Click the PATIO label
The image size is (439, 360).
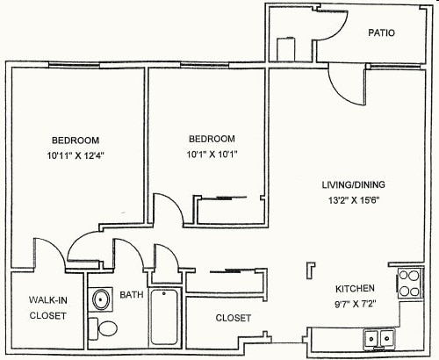click(x=381, y=33)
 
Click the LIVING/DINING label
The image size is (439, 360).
click(x=353, y=184)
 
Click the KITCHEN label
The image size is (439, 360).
click(x=356, y=288)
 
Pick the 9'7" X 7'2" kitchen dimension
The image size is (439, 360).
click(x=356, y=303)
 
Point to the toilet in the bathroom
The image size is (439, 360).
click(x=106, y=329)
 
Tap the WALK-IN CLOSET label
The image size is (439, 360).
click(x=47, y=307)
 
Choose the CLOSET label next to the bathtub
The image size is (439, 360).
click(x=234, y=318)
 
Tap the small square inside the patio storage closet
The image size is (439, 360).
click(x=287, y=48)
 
